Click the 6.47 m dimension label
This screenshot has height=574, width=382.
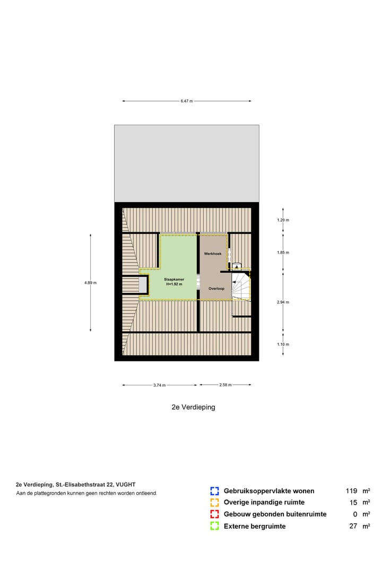[186, 101]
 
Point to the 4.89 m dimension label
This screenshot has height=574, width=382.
[90, 283]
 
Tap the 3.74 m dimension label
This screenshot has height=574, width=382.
[159, 385]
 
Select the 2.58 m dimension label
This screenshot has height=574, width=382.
[225, 385]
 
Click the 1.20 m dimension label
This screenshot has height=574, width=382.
[283, 220]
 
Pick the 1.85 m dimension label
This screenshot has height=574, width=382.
[283, 252]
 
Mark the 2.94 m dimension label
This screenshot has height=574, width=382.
[283, 302]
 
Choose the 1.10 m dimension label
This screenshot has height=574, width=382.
[283, 344]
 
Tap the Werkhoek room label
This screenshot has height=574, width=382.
[212, 254]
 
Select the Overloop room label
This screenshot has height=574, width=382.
[216, 289]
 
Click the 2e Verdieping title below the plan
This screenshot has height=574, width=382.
[193, 407]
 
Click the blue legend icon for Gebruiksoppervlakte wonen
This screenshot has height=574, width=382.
[214, 491]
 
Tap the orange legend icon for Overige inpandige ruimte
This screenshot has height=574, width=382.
[214, 503]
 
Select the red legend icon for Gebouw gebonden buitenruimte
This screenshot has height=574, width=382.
[214, 514]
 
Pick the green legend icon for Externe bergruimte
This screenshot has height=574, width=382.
[214, 526]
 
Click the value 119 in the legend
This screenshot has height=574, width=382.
[352, 491]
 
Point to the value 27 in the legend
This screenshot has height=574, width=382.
[353, 526]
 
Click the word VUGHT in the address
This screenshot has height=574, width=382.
[125, 484]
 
